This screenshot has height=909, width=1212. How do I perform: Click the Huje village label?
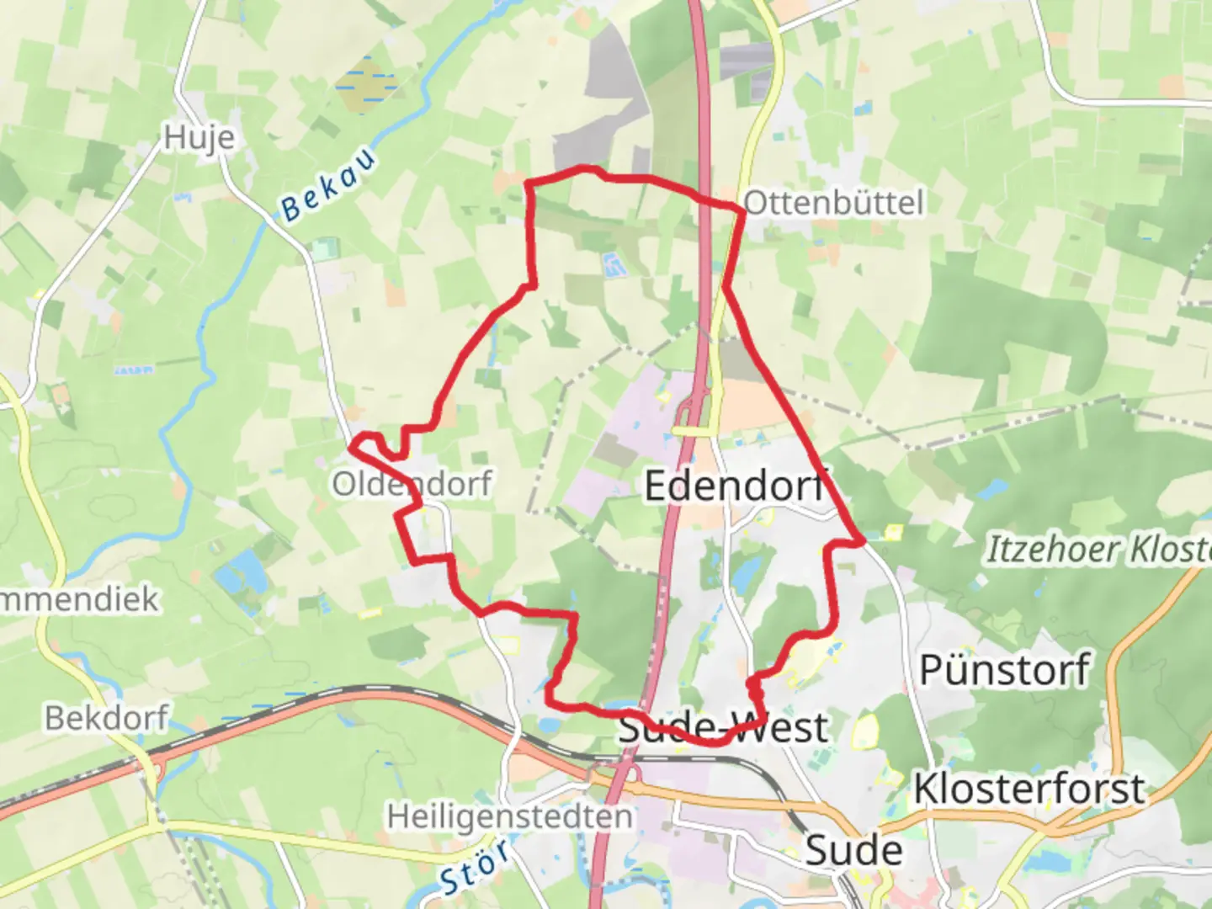(x=199, y=137)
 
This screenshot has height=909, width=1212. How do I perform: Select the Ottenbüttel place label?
(x=833, y=203)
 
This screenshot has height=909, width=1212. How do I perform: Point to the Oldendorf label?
(x=412, y=484)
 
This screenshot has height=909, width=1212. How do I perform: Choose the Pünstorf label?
(x=1004, y=671)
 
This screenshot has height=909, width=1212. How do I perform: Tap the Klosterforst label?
(x=1029, y=789)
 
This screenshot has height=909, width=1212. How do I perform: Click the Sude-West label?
(x=723, y=728)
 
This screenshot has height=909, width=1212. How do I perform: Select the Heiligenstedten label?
(x=509, y=816)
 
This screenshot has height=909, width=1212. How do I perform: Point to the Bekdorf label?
(x=107, y=718)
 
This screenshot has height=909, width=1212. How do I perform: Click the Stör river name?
(x=475, y=867)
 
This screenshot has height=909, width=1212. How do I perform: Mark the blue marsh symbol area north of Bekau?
(x=365, y=85)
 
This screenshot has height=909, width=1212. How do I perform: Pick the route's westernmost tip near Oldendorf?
(x=353, y=445)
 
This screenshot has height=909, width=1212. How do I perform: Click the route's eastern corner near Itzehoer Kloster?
(x=862, y=543)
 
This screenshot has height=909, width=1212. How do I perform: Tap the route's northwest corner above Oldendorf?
(x=528, y=183)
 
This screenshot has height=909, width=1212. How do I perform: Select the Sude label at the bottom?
(x=853, y=850)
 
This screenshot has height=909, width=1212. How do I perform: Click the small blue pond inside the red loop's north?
(x=612, y=265)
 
